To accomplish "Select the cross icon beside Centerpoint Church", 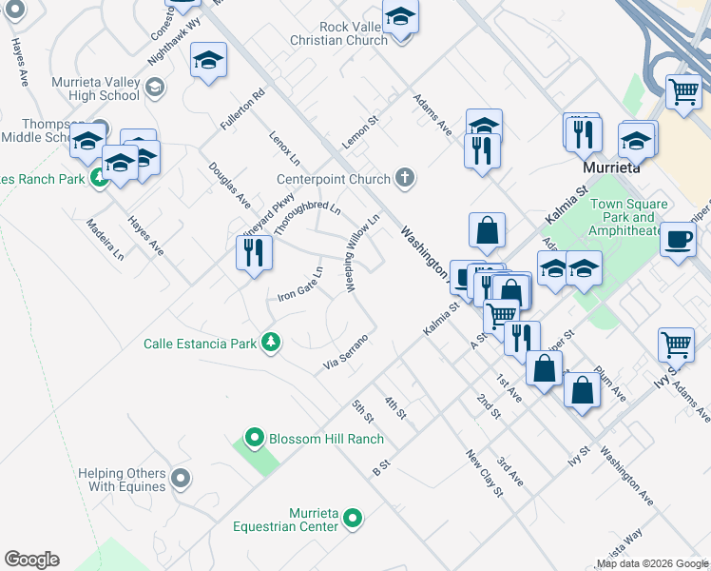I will click(405, 178).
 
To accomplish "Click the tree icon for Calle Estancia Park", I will click(271, 343).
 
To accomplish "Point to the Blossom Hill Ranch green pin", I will click(253, 439).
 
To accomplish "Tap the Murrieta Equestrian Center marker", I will click(353, 519).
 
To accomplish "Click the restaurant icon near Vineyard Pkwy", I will click(254, 252).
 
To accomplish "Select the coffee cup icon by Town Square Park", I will click(678, 239).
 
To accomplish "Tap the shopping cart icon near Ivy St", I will click(676, 344).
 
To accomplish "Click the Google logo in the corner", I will click(31, 559).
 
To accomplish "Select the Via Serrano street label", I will click(345, 352).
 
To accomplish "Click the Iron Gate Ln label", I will click(300, 283).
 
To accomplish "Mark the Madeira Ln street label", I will click(105, 240).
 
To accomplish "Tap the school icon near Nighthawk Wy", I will click(208, 61).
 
